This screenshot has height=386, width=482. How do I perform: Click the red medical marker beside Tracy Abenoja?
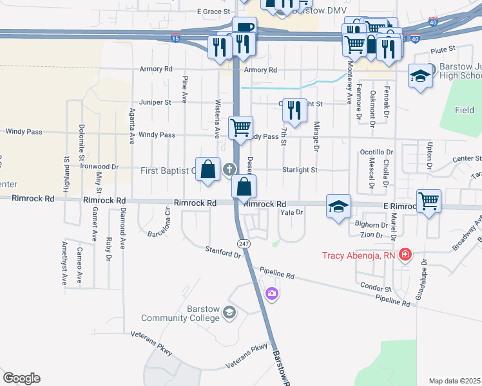pos(405,255)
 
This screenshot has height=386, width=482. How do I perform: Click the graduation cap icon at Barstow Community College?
pos(229,313)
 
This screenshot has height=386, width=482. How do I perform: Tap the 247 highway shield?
pos(243,244)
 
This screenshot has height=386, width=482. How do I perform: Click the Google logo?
pos(21,378)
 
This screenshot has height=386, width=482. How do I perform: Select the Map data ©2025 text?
pos(454,381)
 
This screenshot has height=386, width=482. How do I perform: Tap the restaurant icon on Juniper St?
pos(295,109)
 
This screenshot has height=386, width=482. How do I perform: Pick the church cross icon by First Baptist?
pos(229,169)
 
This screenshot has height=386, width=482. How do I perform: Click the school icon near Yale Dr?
pos(338,206)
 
